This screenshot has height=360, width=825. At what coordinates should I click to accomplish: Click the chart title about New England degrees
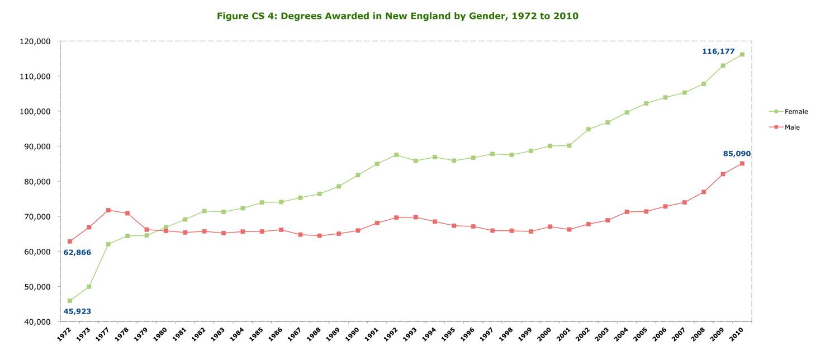pyautogui.click(x=397, y=16)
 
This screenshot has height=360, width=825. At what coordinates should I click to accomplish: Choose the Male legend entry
pyautogui.click(x=792, y=127)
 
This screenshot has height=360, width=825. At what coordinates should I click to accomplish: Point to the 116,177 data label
pyautogui.click(x=718, y=51)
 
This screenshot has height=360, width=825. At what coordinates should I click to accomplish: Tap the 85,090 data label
pyautogui.click(x=737, y=154)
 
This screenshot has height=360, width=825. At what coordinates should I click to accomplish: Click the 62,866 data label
pyautogui.click(x=77, y=253)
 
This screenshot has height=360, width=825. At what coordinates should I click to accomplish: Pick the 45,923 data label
pyautogui.click(x=77, y=311)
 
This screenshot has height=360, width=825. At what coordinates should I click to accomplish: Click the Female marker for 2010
pyautogui.click(x=742, y=55)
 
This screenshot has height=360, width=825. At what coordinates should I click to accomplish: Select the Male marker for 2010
pyautogui.click(x=742, y=164)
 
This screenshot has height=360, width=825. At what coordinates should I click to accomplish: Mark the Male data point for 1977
pyautogui.click(x=108, y=210)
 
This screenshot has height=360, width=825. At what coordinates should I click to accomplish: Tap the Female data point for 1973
pyautogui.click(x=89, y=287)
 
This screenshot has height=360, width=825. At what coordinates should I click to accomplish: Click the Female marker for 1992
pyautogui.click(x=396, y=155)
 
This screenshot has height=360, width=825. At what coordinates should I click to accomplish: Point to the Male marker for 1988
pyautogui.click(x=320, y=236)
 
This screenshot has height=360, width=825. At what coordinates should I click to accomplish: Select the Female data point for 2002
pyautogui.click(x=589, y=129)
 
